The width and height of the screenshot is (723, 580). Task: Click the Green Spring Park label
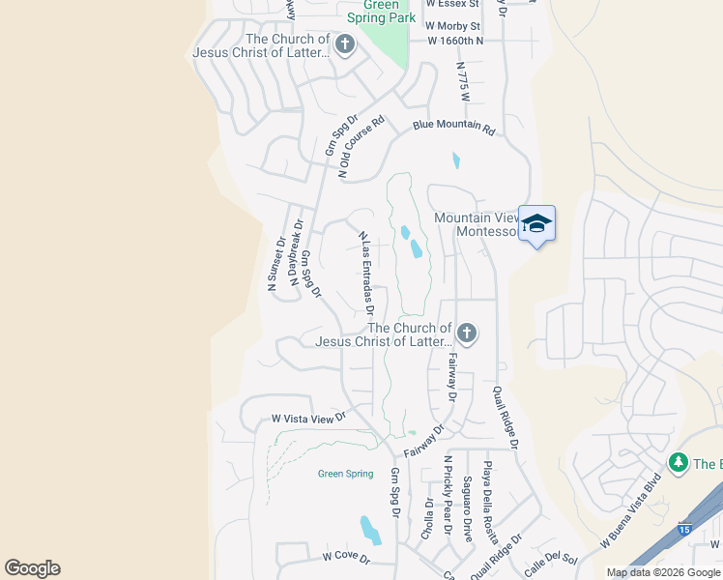[382, 12]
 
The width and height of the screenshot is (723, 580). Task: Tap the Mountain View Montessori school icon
[536, 225]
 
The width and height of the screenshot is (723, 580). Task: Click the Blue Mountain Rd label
[453, 127]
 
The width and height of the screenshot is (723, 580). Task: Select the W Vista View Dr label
[308, 419]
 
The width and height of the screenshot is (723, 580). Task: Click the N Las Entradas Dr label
[365, 274]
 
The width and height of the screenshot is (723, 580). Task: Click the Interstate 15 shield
[684, 530]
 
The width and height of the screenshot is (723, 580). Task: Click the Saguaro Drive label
[468, 508]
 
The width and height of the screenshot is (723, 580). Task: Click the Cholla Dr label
[428, 518]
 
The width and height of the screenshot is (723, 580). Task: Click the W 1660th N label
[454, 41]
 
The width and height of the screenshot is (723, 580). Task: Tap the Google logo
[33, 568]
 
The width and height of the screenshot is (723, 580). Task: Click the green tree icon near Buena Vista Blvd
[679, 463]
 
